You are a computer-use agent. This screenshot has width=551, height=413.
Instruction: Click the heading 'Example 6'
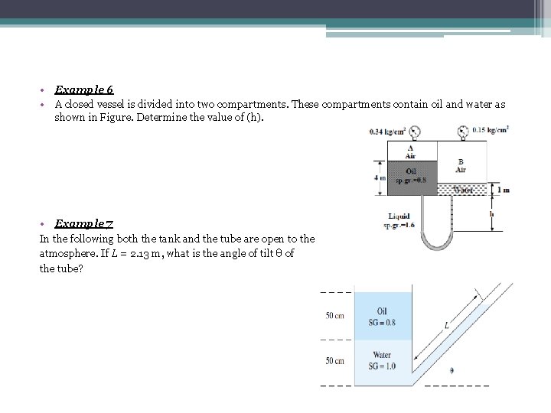point(84,90)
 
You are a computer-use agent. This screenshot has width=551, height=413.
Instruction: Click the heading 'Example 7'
point(84,223)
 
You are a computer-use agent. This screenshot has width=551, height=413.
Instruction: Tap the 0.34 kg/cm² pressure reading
point(387,131)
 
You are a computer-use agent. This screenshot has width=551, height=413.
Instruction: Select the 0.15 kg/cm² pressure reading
point(490,130)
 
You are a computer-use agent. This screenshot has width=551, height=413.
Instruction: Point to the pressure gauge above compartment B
point(464,132)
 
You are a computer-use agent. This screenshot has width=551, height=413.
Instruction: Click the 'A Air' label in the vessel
point(411,152)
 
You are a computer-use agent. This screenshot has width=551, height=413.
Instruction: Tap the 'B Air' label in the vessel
point(461,165)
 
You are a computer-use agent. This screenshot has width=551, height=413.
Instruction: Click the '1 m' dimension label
point(503,190)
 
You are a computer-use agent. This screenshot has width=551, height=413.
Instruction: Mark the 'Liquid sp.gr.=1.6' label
point(399,220)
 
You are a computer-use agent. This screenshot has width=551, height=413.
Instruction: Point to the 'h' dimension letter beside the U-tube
point(491,215)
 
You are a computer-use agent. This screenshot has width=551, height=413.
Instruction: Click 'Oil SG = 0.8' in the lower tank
point(382,317)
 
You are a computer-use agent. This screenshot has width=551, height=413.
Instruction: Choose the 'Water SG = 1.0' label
point(382,360)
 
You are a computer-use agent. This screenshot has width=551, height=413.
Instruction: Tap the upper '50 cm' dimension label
point(334,316)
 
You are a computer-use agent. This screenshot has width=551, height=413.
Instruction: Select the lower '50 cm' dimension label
point(334,360)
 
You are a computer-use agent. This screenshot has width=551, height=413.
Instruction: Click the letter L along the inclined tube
point(445,325)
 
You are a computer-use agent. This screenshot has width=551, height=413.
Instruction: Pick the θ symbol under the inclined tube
point(452,371)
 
